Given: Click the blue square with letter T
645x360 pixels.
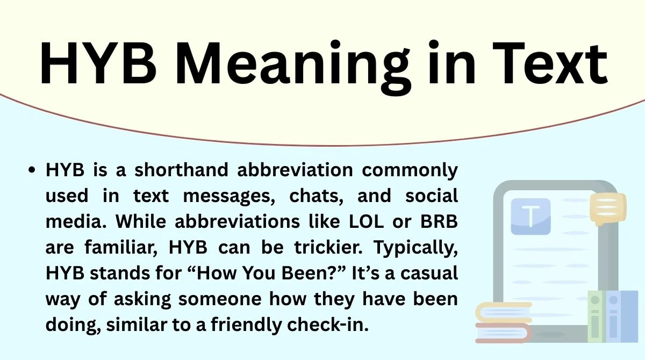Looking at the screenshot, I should click(531, 216).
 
